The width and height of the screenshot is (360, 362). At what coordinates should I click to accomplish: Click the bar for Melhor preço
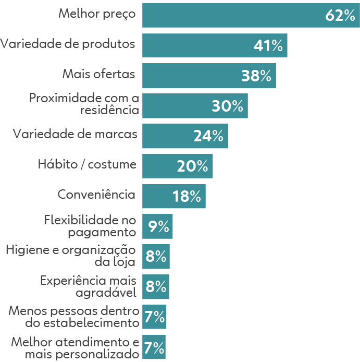(x=229, y=15)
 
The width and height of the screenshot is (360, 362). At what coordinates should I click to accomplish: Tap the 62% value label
(x=340, y=16)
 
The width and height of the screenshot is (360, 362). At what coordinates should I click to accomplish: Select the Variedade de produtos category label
(x=68, y=44)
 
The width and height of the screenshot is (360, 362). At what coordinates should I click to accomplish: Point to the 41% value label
(x=268, y=46)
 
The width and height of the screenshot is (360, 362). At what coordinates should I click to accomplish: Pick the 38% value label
(x=257, y=76)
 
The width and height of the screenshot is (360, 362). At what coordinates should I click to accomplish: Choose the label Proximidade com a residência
(x=84, y=104)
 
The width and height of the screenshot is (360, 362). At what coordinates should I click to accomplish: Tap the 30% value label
(x=228, y=106)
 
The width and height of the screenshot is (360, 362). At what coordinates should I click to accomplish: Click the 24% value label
(x=208, y=136)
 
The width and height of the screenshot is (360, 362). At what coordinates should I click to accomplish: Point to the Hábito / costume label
(x=87, y=165)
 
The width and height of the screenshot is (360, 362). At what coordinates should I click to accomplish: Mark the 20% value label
(x=193, y=166)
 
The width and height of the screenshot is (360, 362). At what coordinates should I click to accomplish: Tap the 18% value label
(x=187, y=197)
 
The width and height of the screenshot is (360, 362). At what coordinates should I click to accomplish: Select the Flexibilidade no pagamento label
(x=90, y=225)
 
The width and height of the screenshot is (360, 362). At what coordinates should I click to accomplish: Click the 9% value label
(x=158, y=227)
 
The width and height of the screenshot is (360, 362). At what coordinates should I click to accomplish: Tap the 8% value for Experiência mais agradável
(x=156, y=287)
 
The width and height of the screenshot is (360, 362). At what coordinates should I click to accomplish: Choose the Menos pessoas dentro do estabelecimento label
(x=74, y=317)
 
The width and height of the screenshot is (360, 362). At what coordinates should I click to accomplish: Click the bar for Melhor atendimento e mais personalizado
(x=154, y=347)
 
